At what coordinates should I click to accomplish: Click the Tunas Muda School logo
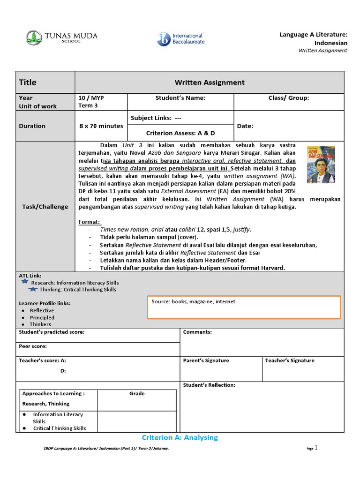[53, 37]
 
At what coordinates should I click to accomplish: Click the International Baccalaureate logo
[180, 39]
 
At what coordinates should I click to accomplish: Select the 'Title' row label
[28, 82]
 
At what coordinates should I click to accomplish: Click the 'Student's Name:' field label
[180, 98]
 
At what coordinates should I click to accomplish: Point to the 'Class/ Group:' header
[289, 98]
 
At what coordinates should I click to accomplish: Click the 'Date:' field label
[245, 126]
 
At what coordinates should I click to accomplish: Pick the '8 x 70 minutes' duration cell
[101, 126]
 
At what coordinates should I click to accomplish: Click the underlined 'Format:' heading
[90, 222]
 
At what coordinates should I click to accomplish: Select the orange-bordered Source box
[244, 307]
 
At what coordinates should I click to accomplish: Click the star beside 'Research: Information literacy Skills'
[25, 282]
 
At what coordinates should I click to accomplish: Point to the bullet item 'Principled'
[42, 317]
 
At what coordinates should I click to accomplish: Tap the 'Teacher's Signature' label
[290, 360]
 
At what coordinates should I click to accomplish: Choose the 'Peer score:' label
[33, 346]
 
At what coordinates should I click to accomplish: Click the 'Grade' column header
[137, 394]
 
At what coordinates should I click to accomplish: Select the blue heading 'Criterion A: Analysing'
[180, 438]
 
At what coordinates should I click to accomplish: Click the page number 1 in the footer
[316, 448]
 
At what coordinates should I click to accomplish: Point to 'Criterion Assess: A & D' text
[180, 133]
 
